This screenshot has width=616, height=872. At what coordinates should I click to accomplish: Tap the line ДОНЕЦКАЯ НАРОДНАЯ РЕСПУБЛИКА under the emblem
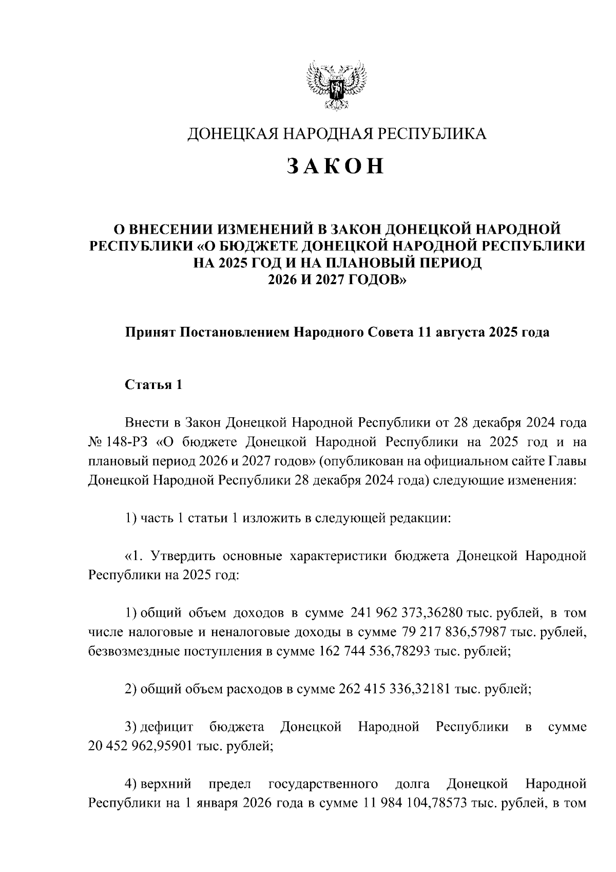pos(336,134)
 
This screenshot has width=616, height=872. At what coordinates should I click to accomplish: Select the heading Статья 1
pos(153,385)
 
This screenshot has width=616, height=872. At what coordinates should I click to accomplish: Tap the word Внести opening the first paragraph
pos(146,423)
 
